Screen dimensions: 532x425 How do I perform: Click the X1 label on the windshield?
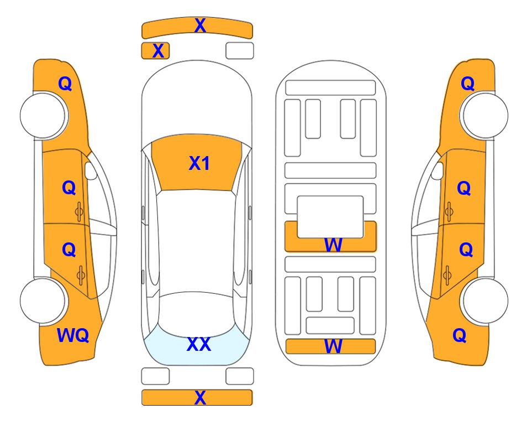[x=199, y=163]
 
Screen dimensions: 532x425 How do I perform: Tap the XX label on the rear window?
[x=199, y=344]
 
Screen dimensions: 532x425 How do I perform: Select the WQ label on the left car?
[x=73, y=335]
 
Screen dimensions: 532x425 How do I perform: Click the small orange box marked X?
[x=155, y=51]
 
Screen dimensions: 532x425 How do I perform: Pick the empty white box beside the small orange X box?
[x=240, y=51]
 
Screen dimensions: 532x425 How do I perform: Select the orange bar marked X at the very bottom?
[x=197, y=397]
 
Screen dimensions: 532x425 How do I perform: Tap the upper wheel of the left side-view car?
[x=43, y=115]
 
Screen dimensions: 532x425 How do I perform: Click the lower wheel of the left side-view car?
[x=43, y=301]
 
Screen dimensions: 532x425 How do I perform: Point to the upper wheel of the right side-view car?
[x=485, y=115]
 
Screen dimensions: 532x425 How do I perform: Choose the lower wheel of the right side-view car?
[x=485, y=301]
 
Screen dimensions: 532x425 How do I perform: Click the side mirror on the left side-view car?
[x=91, y=170]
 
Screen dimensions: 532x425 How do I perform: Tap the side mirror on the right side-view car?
[x=438, y=170]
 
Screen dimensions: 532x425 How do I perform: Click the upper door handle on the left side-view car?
[x=80, y=212]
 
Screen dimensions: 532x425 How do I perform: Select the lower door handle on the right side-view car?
[x=447, y=276]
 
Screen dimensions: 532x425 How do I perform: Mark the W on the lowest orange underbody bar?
[x=333, y=346]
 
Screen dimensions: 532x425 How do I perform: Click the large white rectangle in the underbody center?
[x=330, y=217]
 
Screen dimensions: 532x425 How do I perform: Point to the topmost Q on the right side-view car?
[x=467, y=84]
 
